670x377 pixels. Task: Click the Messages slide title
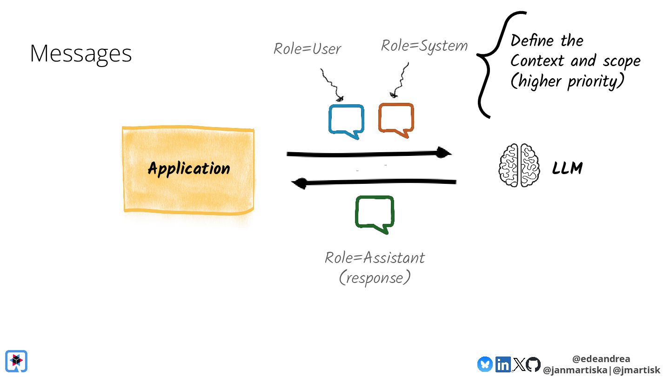coord(81,54)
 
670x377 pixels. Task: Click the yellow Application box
coord(188,168)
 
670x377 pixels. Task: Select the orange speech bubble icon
coord(396,120)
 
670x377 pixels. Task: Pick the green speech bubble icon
coord(375,213)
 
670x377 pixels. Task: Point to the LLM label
coord(567,168)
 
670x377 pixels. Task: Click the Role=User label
coord(307,48)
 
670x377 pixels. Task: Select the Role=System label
coord(424,46)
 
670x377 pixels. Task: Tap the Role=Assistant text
coord(375,257)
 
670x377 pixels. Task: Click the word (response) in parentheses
coord(375,278)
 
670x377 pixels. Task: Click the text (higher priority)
coord(567,81)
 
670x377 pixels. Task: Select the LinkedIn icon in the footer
coord(503,364)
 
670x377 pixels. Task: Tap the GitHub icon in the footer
coord(533,364)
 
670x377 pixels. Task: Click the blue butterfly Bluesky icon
coord(485,364)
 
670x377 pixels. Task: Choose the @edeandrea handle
coord(601,359)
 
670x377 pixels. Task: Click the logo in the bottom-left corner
coord(16,361)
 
